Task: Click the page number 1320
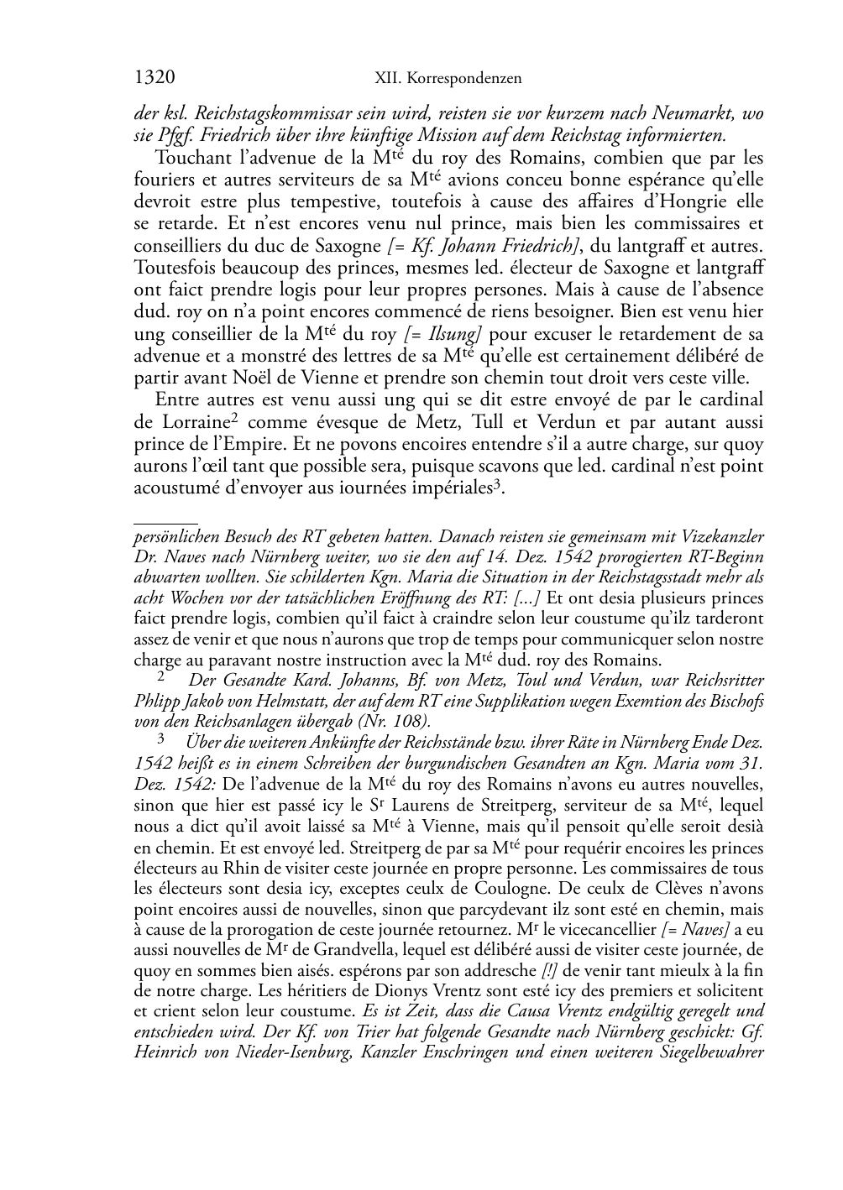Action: click(x=154, y=78)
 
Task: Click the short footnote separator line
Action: click(x=165, y=522)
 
